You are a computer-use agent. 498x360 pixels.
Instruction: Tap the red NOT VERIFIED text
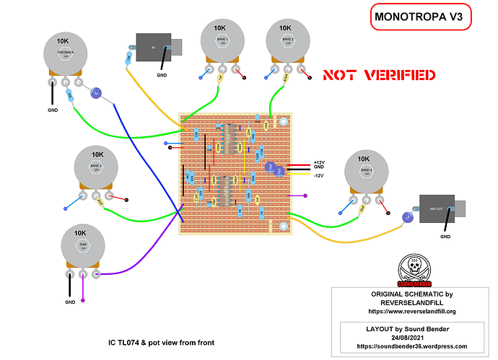tap(378, 75)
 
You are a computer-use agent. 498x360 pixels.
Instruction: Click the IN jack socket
tap(157, 48)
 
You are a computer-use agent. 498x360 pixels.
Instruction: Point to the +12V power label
tap(320, 162)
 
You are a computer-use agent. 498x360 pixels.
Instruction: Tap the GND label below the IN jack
tap(162, 75)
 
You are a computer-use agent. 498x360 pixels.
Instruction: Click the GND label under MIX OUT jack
tap(445, 237)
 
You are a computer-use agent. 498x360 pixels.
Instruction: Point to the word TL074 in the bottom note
tap(128, 342)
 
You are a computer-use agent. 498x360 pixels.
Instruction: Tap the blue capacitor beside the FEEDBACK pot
tap(95, 92)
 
